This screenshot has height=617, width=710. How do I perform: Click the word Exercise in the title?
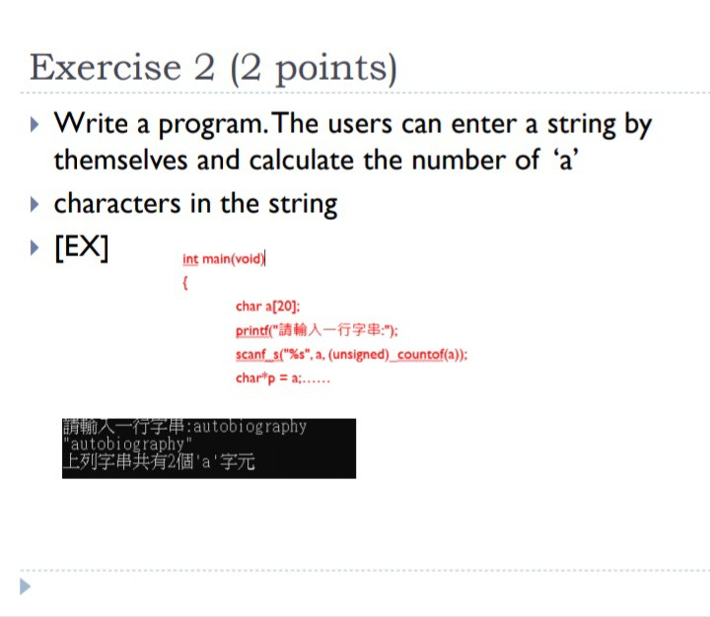tap(106, 67)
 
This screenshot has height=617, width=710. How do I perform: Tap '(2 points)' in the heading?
tap(314, 69)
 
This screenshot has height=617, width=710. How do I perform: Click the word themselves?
tap(120, 161)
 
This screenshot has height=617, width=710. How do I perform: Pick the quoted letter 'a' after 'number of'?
tap(566, 161)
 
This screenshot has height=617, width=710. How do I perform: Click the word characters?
tap(117, 204)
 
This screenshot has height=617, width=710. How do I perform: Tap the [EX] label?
tap(82, 247)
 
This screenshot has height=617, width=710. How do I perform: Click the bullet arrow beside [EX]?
tap(35, 247)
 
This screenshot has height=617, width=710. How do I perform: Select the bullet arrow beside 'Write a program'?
tap(35, 124)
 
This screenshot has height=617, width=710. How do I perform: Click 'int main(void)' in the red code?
tap(223, 259)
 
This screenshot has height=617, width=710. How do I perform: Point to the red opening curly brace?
tap(184, 283)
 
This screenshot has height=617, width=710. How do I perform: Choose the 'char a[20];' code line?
tap(267, 307)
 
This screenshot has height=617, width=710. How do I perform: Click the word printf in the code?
tap(252, 331)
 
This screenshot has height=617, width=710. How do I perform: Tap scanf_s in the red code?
tap(257, 355)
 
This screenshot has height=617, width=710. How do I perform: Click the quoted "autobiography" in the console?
tap(127, 444)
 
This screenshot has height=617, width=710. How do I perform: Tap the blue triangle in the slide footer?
tap(26, 586)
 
